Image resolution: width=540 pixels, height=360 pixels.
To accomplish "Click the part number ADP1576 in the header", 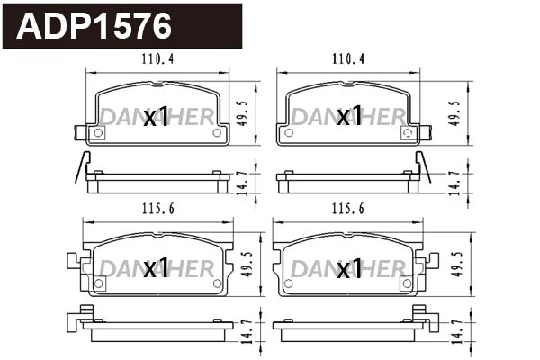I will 95,26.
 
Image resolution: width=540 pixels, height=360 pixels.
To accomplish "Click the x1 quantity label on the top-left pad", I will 157,117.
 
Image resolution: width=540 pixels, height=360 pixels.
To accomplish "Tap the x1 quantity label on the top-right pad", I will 349,117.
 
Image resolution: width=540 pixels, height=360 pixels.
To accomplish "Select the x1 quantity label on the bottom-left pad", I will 157,268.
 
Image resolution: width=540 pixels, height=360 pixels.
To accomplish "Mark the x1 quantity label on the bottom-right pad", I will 349,268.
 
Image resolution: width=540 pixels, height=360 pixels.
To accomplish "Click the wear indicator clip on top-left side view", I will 83,167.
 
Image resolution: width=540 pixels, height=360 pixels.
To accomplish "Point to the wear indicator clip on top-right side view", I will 423,167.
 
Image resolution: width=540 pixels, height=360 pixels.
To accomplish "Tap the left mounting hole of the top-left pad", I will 99,132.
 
